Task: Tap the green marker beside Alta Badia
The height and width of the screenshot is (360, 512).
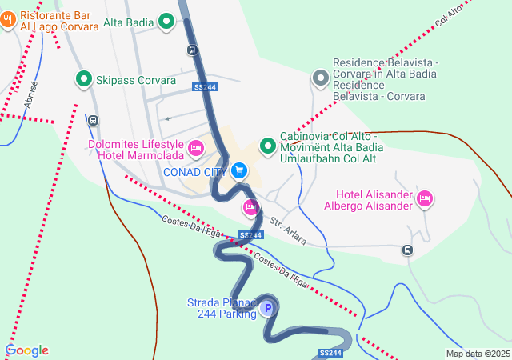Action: tap(167, 22)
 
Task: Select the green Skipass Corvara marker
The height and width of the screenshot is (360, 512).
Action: tap(83, 79)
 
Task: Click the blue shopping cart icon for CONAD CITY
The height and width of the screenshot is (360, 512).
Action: tap(238, 171)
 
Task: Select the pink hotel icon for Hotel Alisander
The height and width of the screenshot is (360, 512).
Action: tap(425, 198)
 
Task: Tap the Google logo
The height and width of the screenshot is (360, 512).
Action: tap(27, 350)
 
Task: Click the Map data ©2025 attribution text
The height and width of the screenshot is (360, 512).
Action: tap(478, 354)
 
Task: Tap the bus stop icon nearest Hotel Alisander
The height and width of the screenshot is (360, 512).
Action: tap(407, 250)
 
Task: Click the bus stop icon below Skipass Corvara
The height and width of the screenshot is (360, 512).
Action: tap(94, 121)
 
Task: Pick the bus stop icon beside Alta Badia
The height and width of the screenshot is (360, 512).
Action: tap(192, 50)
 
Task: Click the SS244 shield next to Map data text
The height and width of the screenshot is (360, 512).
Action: tap(330, 353)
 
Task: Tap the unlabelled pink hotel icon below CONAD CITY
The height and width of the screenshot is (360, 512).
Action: tap(250, 208)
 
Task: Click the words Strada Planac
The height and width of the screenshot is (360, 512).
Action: tap(221, 302)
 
